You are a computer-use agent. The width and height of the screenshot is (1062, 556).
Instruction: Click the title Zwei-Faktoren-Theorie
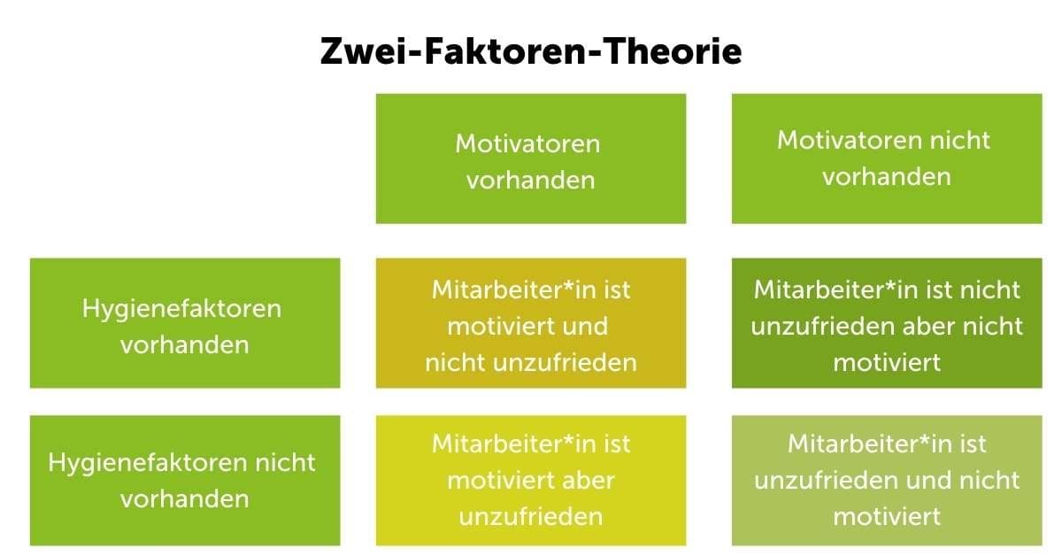[x=531, y=52]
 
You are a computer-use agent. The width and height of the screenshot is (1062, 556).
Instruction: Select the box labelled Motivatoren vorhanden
[x=531, y=158]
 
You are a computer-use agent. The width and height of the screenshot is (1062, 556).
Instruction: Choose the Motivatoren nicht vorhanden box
[x=886, y=158]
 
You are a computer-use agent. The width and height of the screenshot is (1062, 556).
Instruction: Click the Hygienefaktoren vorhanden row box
[x=185, y=323]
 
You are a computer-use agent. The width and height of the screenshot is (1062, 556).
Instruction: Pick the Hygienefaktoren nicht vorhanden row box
[x=185, y=481]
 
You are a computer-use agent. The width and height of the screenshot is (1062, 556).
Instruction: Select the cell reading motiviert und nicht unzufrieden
[x=531, y=323]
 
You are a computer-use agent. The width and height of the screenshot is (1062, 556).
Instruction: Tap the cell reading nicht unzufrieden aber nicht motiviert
[x=886, y=323]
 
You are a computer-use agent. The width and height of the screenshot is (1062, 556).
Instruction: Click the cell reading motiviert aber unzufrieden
[x=531, y=481]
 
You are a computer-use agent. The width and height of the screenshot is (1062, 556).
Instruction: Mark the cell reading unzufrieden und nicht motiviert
[x=886, y=481]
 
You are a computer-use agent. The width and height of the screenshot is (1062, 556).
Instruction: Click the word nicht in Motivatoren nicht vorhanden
[x=962, y=140]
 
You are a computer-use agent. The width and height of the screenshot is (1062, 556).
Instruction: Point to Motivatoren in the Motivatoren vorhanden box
[x=527, y=143]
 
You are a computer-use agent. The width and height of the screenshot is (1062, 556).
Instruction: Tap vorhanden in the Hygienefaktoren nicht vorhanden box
[x=184, y=498]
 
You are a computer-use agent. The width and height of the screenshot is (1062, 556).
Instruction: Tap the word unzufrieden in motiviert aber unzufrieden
[x=531, y=516]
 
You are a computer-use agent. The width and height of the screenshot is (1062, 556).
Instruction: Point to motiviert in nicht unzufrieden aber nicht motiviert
[x=886, y=362]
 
